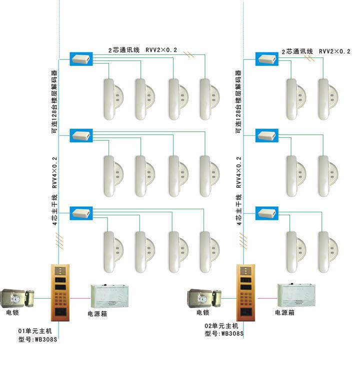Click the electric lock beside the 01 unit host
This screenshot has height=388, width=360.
(x=18, y=299)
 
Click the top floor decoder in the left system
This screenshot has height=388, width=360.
(x=80, y=58)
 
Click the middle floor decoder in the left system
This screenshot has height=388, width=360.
(x=80, y=134)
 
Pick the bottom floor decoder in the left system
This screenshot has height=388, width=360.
(x=80, y=213)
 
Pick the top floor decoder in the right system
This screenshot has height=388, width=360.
(x=266, y=58)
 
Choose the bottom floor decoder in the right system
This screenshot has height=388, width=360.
(x=266, y=213)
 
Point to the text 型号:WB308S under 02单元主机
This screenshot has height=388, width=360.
(x=223, y=333)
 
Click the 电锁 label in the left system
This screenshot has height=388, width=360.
(x=13, y=313)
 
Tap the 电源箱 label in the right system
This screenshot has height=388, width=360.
(x=284, y=313)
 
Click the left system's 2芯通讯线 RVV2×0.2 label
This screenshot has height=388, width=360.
(x=143, y=50)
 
